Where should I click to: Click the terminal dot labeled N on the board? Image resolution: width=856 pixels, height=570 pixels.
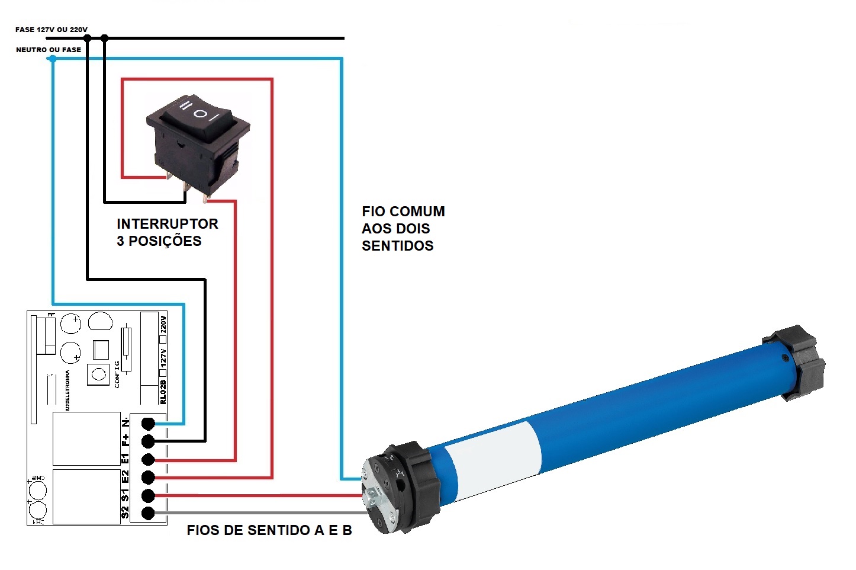pyautogui.click(x=149, y=423)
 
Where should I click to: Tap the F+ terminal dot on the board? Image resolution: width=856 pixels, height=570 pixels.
pyautogui.click(x=149, y=441)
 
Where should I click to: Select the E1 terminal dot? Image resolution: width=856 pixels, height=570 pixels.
pyautogui.click(x=149, y=459)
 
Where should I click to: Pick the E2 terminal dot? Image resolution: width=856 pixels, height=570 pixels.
pyautogui.click(x=149, y=477)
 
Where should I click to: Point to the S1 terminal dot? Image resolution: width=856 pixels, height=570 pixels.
pyautogui.click(x=149, y=495)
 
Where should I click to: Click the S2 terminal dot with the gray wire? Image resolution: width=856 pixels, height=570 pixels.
pyautogui.click(x=149, y=513)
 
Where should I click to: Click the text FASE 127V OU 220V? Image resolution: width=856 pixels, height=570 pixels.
pyautogui.click(x=52, y=30)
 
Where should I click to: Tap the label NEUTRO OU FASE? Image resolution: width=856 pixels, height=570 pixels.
pyautogui.click(x=49, y=50)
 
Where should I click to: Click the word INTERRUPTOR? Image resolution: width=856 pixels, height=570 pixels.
pyautogui.click(x=168, y=224)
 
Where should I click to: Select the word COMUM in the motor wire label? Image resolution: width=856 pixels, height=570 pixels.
pyautogui.click(x=417, y=212)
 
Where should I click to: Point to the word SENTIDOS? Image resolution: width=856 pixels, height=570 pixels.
pyautogui.click(x=398, y=246)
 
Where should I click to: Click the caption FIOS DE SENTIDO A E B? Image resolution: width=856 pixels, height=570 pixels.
pyautogui.click(x=269, y=530)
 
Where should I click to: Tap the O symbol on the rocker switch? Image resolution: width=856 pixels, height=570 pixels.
pyautogui.click(x=202, y=113)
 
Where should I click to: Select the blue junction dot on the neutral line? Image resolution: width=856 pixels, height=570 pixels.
pyautogui.click(x=53, y=59)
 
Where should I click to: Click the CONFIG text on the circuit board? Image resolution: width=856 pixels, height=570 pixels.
pyautogui.click(x=117, y=373)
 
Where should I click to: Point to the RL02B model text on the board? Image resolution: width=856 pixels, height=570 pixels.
pyautogui.click(x=163, y=392)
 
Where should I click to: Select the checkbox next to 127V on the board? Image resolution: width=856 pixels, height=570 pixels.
pyautogui.click(x=163, y=373)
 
